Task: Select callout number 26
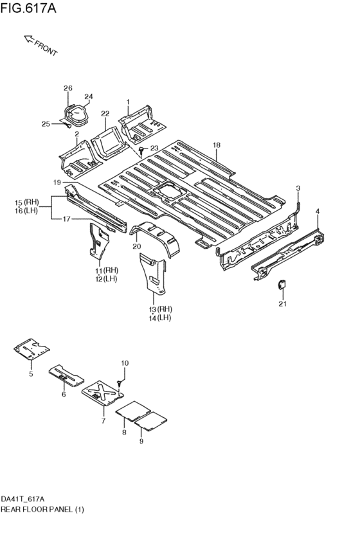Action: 68,88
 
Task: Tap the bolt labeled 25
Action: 67,125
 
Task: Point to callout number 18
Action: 217,145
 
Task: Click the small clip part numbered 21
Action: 282,285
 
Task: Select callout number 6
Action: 64,394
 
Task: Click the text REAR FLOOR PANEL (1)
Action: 42,510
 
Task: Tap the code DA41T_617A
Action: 22,499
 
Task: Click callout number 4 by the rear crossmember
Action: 317,211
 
